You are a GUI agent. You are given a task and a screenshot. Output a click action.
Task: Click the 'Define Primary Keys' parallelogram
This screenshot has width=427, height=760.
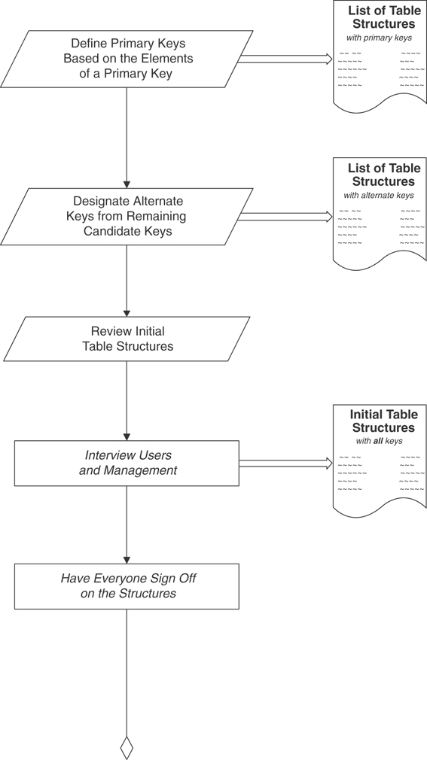tap(127, 59)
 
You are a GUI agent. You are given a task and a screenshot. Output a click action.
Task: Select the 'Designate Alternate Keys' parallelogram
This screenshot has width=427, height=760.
tap(127, 217)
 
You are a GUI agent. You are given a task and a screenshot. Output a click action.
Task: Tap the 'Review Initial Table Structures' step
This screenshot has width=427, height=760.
tap(127, 339)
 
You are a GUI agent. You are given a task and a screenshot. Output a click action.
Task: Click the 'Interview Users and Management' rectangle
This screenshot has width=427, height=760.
tap(127, 463)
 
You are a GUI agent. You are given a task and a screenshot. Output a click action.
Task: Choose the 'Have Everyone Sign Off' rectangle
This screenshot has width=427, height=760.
tap(127, 586)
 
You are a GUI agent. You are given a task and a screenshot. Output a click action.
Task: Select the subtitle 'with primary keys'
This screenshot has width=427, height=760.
tap(379, 38)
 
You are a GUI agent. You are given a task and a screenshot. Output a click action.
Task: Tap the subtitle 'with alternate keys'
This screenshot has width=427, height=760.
tap(379, 196)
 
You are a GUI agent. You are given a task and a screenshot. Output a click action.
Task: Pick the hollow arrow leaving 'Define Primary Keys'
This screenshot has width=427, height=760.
tap(285, 59)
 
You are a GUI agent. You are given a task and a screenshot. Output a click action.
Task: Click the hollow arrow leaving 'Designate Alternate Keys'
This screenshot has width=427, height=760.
tap(285, 217)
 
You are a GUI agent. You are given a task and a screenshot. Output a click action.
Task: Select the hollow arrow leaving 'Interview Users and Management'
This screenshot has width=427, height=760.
tap(285, 464)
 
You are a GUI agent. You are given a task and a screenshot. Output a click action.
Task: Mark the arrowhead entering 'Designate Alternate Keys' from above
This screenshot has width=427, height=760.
tap(127, 184)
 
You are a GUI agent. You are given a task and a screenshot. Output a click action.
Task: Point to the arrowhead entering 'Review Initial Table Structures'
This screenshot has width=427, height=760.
tap(127, 312)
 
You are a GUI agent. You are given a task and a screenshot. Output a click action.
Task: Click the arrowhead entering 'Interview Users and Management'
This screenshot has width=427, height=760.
tap(127, 436)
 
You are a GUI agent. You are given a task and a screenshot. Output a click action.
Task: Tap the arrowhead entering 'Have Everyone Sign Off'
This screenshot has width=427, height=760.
tap(127, 560)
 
